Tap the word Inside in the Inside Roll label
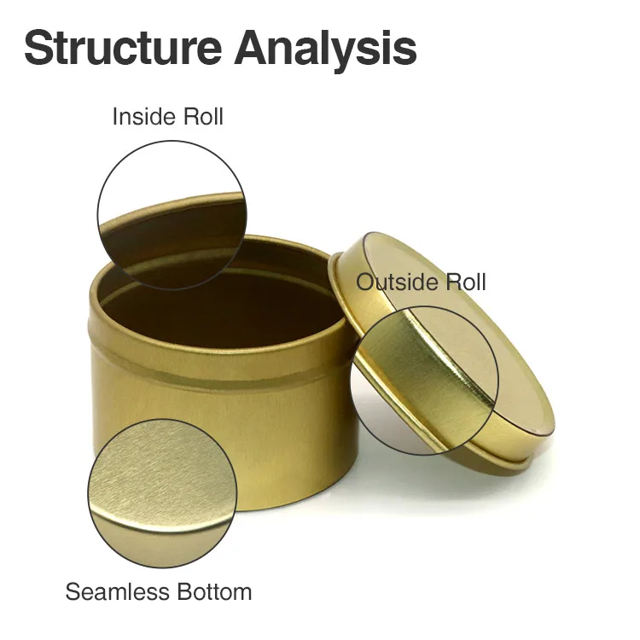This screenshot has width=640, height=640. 140,117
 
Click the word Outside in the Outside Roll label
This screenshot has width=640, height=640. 396,282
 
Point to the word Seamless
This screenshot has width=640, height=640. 117,591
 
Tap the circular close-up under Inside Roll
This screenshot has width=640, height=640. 172,214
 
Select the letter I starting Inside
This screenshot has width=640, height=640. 115,117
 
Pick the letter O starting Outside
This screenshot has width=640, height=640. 365,282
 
